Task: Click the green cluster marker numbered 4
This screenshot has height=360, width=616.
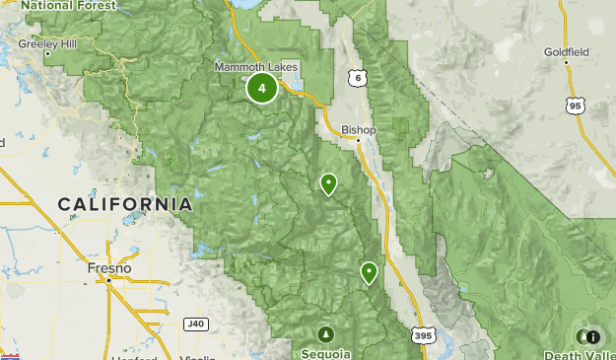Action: pos(261,88)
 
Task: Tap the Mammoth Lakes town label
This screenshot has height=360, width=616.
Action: pos(256,67)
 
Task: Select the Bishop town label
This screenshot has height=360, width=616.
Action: pos(359,129)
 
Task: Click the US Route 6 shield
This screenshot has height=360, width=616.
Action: pos(356,77)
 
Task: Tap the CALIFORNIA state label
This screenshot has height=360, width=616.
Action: pos(124,204)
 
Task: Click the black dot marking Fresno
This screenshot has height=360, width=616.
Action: pos(109,280)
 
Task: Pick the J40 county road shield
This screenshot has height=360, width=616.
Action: pos(197,323)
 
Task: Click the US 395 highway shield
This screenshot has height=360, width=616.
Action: pos(422,336)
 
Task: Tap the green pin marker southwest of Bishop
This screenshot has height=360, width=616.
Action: pos(328,183)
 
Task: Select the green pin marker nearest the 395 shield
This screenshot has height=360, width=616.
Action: pos(370,272)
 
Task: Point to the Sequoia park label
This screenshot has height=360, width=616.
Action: pos(326,352)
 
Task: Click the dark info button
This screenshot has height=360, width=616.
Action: pos(592,336)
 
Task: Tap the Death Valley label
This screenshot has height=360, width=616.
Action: pos(579,354)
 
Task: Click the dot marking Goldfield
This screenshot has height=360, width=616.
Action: pos(567,62)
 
